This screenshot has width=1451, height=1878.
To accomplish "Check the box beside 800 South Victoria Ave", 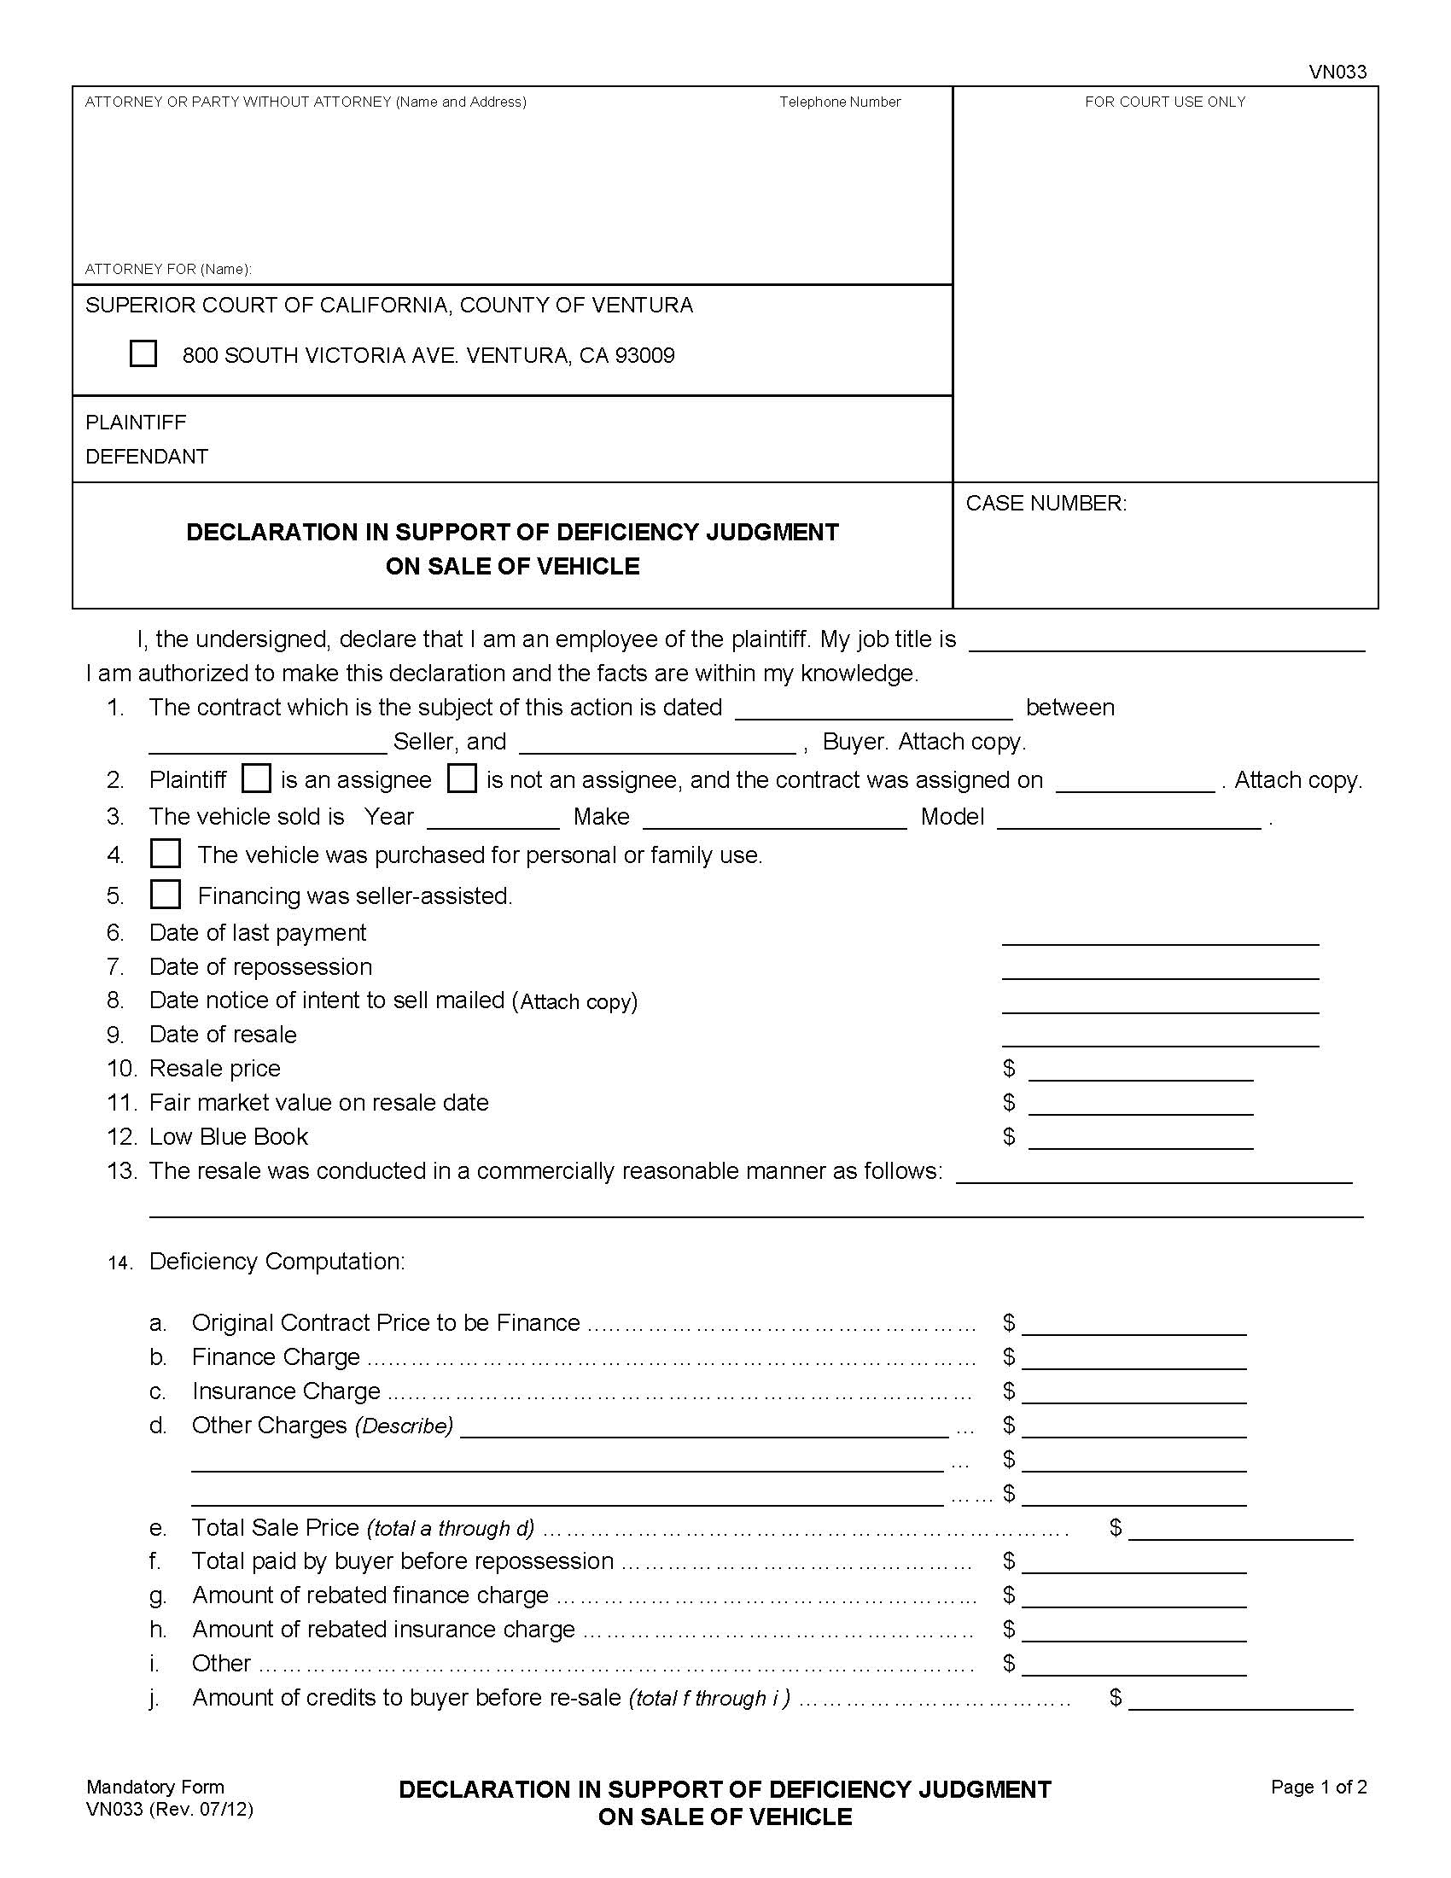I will pyautogui.click(x=143, y=353).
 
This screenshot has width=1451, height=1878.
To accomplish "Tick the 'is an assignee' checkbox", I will pyautogui.click(x=256, y=779).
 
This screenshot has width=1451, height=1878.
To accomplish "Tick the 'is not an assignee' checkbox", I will pyautogui.click(x=462, y=779).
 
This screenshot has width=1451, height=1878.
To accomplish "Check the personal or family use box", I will pyautogui.click(x=165, y=854).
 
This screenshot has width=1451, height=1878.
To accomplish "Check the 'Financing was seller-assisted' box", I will pyautogui.click(x=165, y=895).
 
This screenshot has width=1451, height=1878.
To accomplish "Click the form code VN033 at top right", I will pyautogui.click(x=1337, y=73).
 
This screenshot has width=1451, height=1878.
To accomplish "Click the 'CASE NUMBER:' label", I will pyautogui.click(x=1046, y=503).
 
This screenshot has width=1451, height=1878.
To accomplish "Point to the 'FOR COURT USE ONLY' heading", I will pyautogui.click(x=1164, y=102).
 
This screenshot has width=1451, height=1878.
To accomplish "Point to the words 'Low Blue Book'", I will pyautogui.click(x=229, y=1136).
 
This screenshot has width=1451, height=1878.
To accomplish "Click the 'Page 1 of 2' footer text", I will pyautogui.click(x=1319, y=1787).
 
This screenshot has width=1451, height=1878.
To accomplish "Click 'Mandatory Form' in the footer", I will pyautogui.click(x=154, y=1787).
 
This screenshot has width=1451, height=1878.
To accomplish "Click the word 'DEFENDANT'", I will pyautogui.click(x=147, y=456).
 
